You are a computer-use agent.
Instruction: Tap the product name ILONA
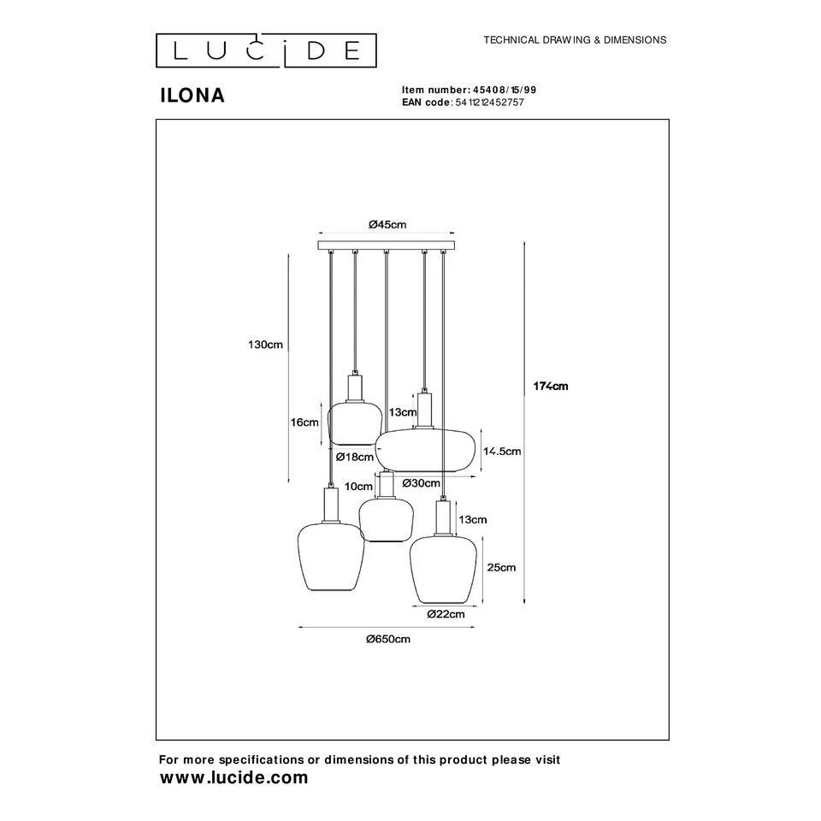pos(192,96)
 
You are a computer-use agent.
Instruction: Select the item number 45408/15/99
pos(504,90)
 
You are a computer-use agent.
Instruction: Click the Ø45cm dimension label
pos(387,225)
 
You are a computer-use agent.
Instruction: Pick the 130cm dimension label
pos(265,345)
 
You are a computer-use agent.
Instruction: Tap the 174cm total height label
pos(552,387)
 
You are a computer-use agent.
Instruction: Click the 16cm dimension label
pos(305,422)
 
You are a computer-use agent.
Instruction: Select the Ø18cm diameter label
pos(352,458)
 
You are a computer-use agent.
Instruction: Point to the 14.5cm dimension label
pos(502,451)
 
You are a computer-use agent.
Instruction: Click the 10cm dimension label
pos(358,486)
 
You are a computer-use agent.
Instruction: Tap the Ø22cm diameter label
pos(446,613)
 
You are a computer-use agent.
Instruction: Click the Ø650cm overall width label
pos(387,639)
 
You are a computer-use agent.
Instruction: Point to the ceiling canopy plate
pos(387,246)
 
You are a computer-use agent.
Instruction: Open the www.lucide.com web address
pos(233,777)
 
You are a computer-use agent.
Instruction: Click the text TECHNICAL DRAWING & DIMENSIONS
pos(575,40)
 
